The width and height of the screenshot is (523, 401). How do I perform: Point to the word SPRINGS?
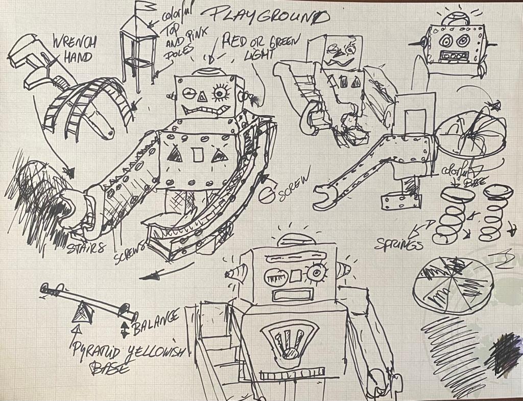398,244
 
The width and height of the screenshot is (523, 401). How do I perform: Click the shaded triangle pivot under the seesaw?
81,311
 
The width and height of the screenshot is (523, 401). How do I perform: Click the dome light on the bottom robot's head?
295,240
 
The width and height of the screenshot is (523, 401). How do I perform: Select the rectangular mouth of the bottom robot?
292,295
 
